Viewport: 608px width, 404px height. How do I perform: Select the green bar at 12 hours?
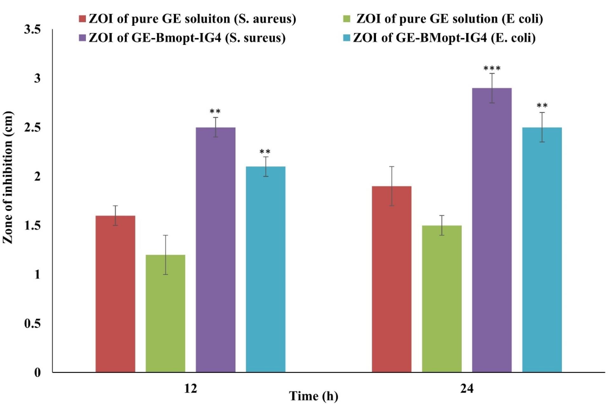165,313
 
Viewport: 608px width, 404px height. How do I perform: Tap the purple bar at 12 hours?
215,250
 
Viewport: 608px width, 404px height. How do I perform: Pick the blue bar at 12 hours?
266,269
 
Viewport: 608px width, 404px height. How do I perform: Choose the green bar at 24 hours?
442,299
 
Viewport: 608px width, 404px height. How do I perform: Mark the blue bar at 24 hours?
542,250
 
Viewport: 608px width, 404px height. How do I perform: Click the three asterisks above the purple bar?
492,69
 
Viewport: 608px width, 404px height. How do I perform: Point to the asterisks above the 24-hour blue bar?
542,106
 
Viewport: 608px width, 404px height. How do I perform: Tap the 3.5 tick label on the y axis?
32,30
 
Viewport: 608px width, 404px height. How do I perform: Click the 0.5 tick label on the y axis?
32,324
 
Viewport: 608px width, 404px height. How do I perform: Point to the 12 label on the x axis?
190,389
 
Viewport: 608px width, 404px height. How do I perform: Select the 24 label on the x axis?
467,389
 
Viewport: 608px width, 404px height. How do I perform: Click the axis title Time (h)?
313,396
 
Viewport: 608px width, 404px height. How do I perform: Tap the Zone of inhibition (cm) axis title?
8,178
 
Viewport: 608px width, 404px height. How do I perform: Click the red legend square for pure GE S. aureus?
82,19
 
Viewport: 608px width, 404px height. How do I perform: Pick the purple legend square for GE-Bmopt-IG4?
82,38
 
